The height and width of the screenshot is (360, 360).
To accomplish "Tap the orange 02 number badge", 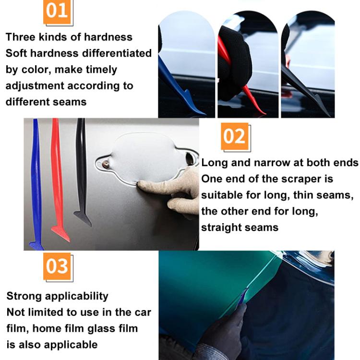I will coord(235,136).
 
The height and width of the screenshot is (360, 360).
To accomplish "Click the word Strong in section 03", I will coord(24,296).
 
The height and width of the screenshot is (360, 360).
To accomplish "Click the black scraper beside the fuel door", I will coord(82,173).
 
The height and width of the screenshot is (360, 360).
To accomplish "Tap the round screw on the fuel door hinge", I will coord(105,164).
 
